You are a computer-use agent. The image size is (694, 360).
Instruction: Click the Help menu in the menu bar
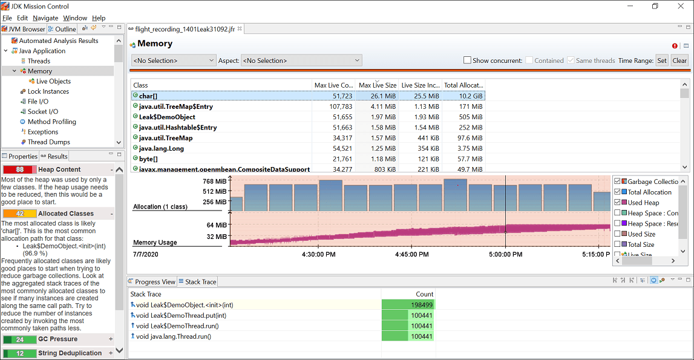(99, 18)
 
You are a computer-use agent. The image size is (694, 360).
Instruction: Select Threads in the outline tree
(39, 61)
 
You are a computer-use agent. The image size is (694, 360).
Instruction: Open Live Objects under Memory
(53, 81)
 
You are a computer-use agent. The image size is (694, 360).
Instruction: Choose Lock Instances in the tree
(48, 91)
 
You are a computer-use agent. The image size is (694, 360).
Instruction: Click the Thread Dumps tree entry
(49, 142)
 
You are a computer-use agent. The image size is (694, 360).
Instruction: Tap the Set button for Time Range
(662, 61)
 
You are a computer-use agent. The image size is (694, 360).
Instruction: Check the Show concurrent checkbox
(467, 61)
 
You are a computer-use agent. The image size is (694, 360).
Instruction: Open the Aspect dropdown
(301, 61)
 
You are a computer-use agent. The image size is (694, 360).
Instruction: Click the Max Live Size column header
(376, 85)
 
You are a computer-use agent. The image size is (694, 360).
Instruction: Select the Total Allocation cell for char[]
(464, 96)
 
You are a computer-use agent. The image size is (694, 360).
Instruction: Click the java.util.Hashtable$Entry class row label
(178, 128)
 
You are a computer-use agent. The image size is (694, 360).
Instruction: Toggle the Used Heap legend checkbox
(617, 203)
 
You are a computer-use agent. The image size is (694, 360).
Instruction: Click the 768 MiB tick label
(215, 182)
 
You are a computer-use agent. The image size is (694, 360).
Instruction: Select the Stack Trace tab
(200, 282)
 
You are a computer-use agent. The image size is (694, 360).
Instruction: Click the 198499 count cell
(408, 305)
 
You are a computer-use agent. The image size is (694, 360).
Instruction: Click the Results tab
(57, 156)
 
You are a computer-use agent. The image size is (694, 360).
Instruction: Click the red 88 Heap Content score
(20, 170)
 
